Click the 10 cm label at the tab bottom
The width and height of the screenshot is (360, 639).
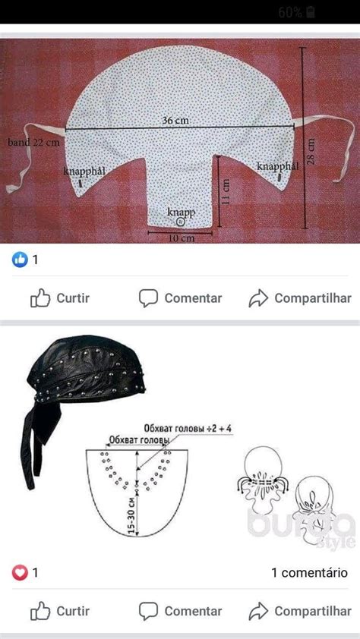[x=182, y=238]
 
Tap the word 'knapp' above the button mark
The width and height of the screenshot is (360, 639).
[x=180, y=212]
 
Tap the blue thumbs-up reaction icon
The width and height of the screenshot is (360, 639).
[x=19, y=260]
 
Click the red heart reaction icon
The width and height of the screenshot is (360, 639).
[x=19, y=573]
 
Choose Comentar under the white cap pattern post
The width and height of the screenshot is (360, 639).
[x=180, y=298]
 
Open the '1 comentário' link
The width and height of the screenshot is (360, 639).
[x=310, y=573]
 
